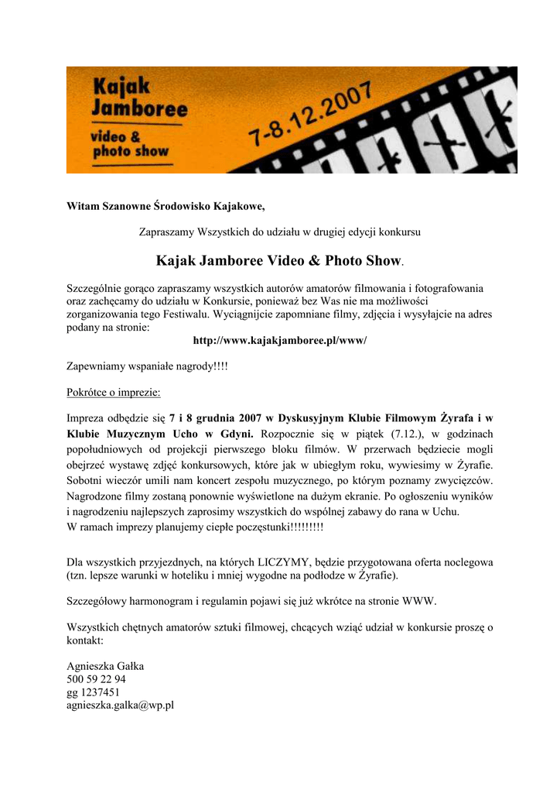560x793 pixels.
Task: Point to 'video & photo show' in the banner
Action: pyautogui.click(x=130, y=145)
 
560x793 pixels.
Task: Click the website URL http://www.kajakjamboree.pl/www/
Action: pyautogui.click(x=279, y=341)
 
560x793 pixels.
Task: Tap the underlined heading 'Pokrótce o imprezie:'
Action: pyautogui.click(x=114, y=393)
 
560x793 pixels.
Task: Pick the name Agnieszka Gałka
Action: pyautogui.click(x=105, y=666)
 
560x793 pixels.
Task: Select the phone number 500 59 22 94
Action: pyautogui.click(x=97, y=679)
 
